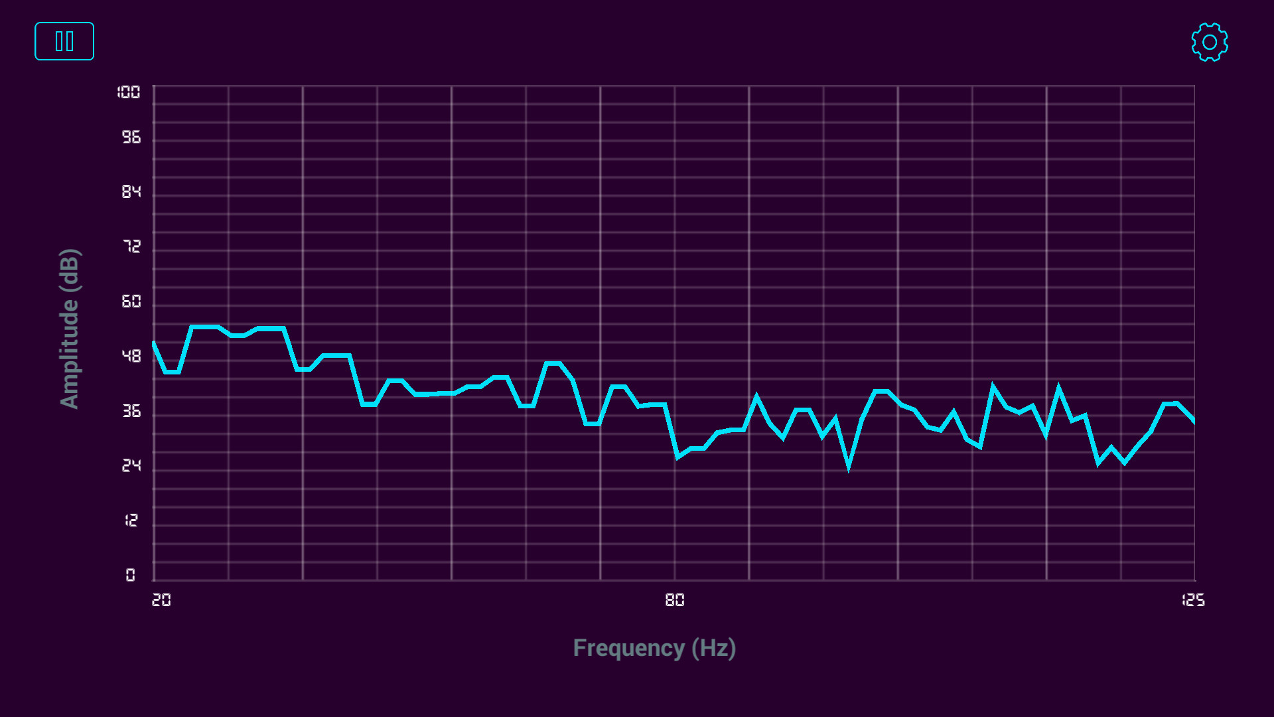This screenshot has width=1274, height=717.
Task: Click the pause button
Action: coord(64,41)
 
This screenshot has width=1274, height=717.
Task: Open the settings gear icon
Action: coord(1209,42)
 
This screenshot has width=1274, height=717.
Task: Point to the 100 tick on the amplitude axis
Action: coord(129,92)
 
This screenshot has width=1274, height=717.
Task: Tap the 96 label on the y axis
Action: coord(131,137)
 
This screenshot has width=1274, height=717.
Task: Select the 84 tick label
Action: coord(131,192)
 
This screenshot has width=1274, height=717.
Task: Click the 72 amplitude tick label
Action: coord(131,247)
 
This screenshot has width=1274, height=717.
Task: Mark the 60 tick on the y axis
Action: coord(131,302)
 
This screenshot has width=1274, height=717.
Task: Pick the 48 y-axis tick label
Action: coord(131,357)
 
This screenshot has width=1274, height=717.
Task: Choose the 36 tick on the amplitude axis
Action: coord(131,412)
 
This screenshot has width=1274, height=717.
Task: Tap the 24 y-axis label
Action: coord(131,466)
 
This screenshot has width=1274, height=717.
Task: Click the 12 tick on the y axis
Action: coord(131,520)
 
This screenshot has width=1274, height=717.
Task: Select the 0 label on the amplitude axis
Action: coord(131,575)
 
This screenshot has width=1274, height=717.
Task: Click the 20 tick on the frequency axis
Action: coord(161,600)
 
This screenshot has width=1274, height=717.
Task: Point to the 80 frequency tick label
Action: coord(675,600)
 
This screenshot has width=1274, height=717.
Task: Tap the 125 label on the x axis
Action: coord(1193,600)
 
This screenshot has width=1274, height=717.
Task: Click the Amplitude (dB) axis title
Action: coord(70,329)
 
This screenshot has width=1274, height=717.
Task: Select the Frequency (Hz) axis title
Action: coord(654,648)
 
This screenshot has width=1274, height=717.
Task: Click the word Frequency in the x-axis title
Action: coord(628,648)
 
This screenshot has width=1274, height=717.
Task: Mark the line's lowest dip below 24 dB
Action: coord(849,467)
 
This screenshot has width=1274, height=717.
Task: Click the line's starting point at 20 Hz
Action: coord(154,343)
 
